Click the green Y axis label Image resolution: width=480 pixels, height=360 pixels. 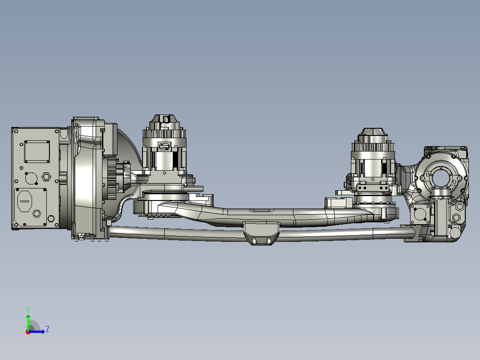(28, 310)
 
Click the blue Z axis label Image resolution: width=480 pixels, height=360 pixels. (48, 329)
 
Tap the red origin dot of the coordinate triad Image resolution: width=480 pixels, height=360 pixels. (28, 332)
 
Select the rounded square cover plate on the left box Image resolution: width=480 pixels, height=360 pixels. (37, 151)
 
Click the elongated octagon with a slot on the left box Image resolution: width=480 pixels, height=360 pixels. (25, 201)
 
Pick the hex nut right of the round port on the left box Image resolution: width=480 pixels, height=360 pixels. (46, 177)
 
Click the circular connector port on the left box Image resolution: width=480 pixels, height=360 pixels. (31, 178)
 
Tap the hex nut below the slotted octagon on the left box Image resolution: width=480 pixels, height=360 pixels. (37, 213)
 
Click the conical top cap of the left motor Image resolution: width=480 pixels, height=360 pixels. (165, 119)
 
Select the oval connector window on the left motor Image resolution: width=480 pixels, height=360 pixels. (164, 147)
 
